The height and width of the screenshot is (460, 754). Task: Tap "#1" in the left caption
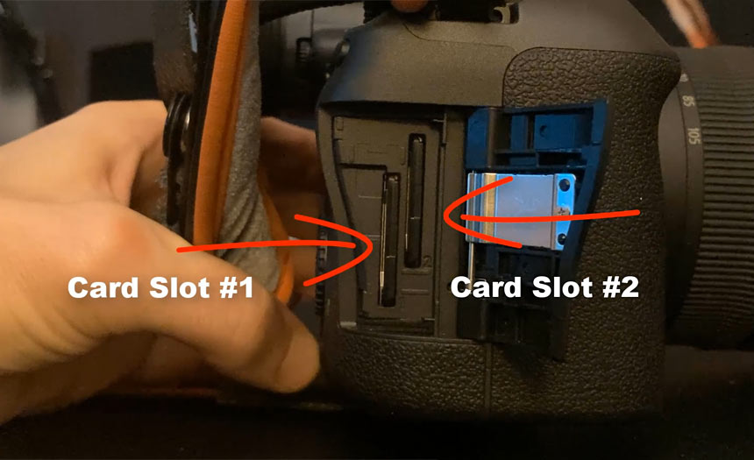[236, 288]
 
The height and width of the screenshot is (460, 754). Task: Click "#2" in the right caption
[621, 287]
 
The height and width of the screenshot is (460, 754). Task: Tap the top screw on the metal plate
[565, 183]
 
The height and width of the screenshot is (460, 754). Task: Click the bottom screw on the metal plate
[562, 238]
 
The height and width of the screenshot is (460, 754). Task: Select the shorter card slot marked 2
[415, 201]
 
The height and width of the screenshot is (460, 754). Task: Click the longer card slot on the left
[389, 240]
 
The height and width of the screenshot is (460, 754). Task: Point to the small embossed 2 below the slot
[429, 260]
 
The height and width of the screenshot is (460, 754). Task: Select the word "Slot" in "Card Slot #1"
[180, 288]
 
